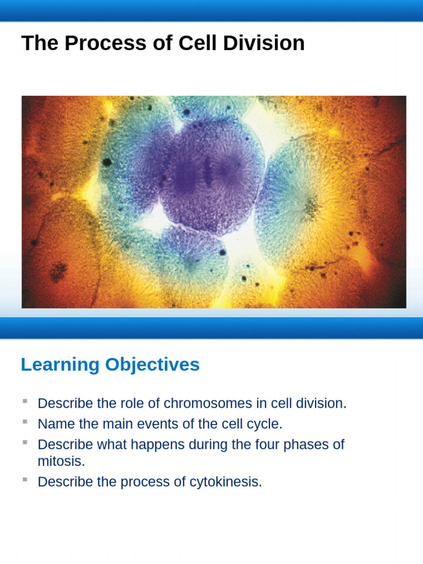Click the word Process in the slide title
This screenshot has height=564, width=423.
(91, 43)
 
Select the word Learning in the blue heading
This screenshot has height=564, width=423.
(60, 365)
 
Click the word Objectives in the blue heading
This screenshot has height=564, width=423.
(153, 365)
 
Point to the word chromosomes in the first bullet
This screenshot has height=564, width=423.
(207, 403)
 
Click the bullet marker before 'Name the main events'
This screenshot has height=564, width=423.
(25, 421)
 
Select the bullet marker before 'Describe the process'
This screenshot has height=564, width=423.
(25, 479)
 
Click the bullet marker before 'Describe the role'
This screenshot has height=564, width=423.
(25, 400)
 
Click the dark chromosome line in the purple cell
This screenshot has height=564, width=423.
(208, 171)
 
